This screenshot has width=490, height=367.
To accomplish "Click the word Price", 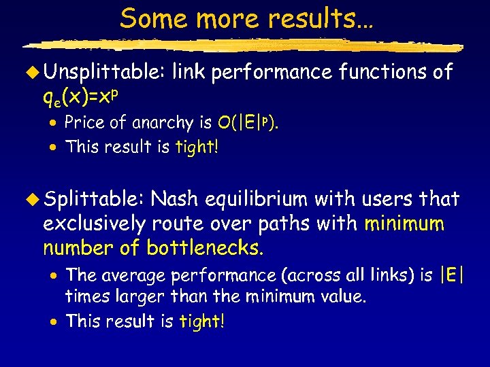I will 84,123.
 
